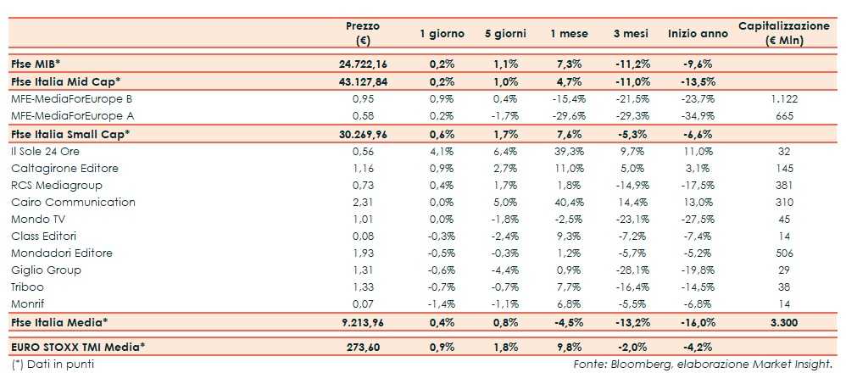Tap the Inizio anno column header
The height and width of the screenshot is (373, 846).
[698, 34]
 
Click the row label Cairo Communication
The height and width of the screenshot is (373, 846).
[73, 202]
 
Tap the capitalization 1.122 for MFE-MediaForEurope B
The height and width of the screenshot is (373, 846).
[784, 98]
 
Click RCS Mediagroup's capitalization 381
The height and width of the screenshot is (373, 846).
[784, 185]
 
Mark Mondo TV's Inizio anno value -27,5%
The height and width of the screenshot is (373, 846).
[698, 219]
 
